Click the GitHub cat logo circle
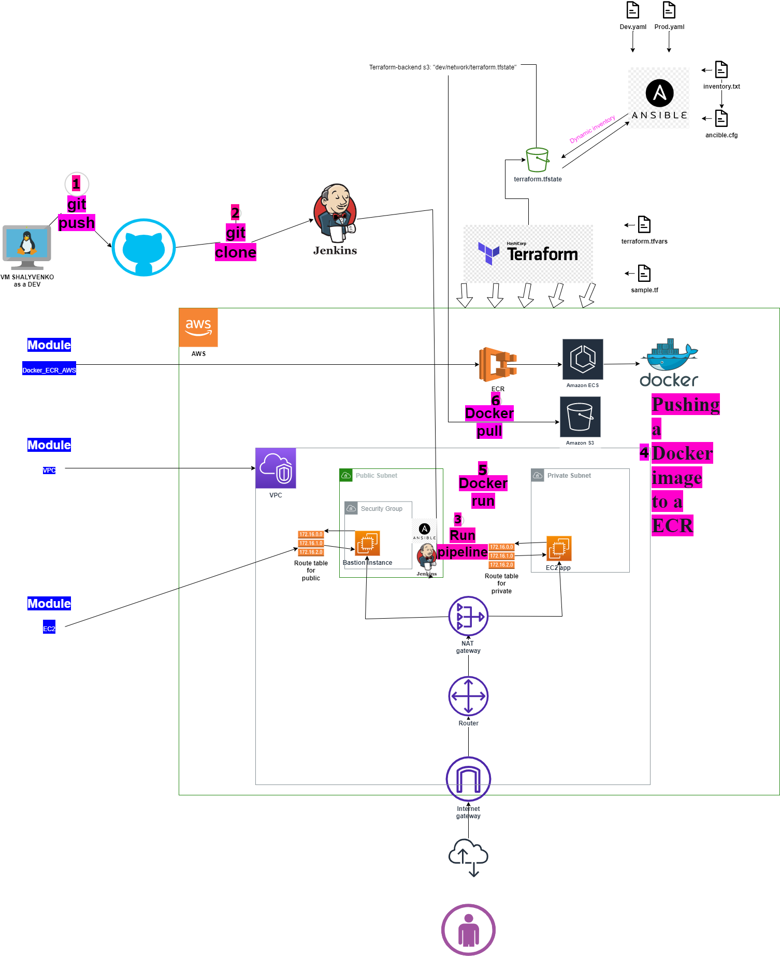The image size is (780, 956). coord(143,247)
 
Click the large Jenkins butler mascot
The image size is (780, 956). coord(335,213)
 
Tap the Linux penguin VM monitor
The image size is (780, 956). coord(26,246)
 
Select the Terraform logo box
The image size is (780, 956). coord(528,253)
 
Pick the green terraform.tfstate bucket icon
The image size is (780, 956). coord(537,160)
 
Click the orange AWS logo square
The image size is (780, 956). coord(198,327)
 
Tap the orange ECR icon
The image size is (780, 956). coord(498,364)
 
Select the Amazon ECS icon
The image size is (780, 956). coord(583,359)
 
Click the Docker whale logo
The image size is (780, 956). coord(669,363)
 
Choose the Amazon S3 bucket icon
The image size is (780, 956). coord(580,417)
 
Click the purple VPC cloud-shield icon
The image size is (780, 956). coord(276,468)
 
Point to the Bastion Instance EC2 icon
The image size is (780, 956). coord(367,543)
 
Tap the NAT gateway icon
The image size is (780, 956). coord(468,616)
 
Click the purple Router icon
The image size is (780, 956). coord(468,696)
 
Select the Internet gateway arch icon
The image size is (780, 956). coord(468,779)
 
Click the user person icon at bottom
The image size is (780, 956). coord(468,930)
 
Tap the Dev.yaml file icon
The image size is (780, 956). coord(633,10)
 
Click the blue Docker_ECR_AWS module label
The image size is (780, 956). coord(49,370)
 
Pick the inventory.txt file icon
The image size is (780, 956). coord(721,69)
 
